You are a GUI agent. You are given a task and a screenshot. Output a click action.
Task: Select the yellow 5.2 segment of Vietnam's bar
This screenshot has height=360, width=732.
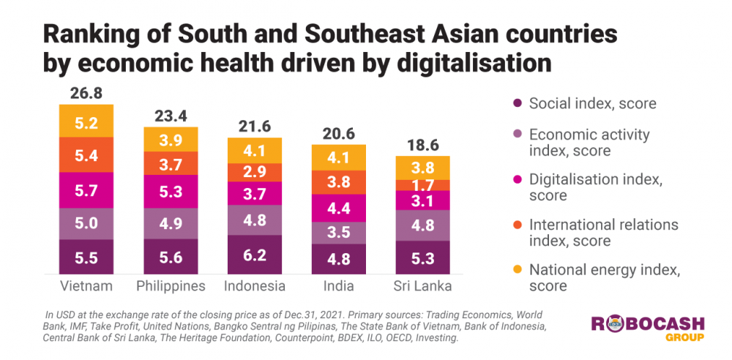point(86,124)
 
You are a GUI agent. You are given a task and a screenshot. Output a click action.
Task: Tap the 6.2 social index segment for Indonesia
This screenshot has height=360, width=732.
point(255,255)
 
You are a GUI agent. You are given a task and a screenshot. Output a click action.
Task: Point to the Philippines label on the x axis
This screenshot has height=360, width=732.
point(171,285)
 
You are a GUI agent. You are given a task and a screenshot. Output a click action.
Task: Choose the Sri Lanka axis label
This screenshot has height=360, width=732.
point(422,285)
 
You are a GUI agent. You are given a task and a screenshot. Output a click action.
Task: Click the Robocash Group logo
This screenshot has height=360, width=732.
point(648,328)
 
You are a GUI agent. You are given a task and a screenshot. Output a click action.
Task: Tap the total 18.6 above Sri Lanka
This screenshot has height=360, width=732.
point(423,143)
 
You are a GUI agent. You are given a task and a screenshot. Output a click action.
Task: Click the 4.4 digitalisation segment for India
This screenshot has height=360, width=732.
point(339,207)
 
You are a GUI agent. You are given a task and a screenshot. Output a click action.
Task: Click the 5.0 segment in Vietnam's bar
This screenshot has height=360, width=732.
point(86,223)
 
